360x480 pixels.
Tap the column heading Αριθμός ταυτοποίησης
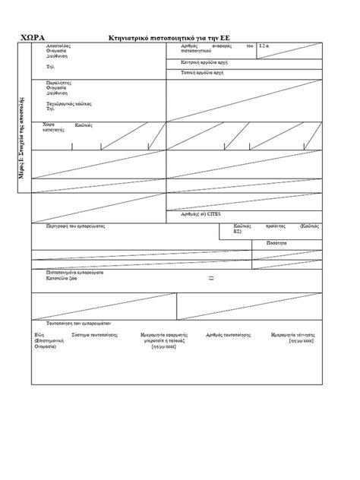(226, 334)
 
